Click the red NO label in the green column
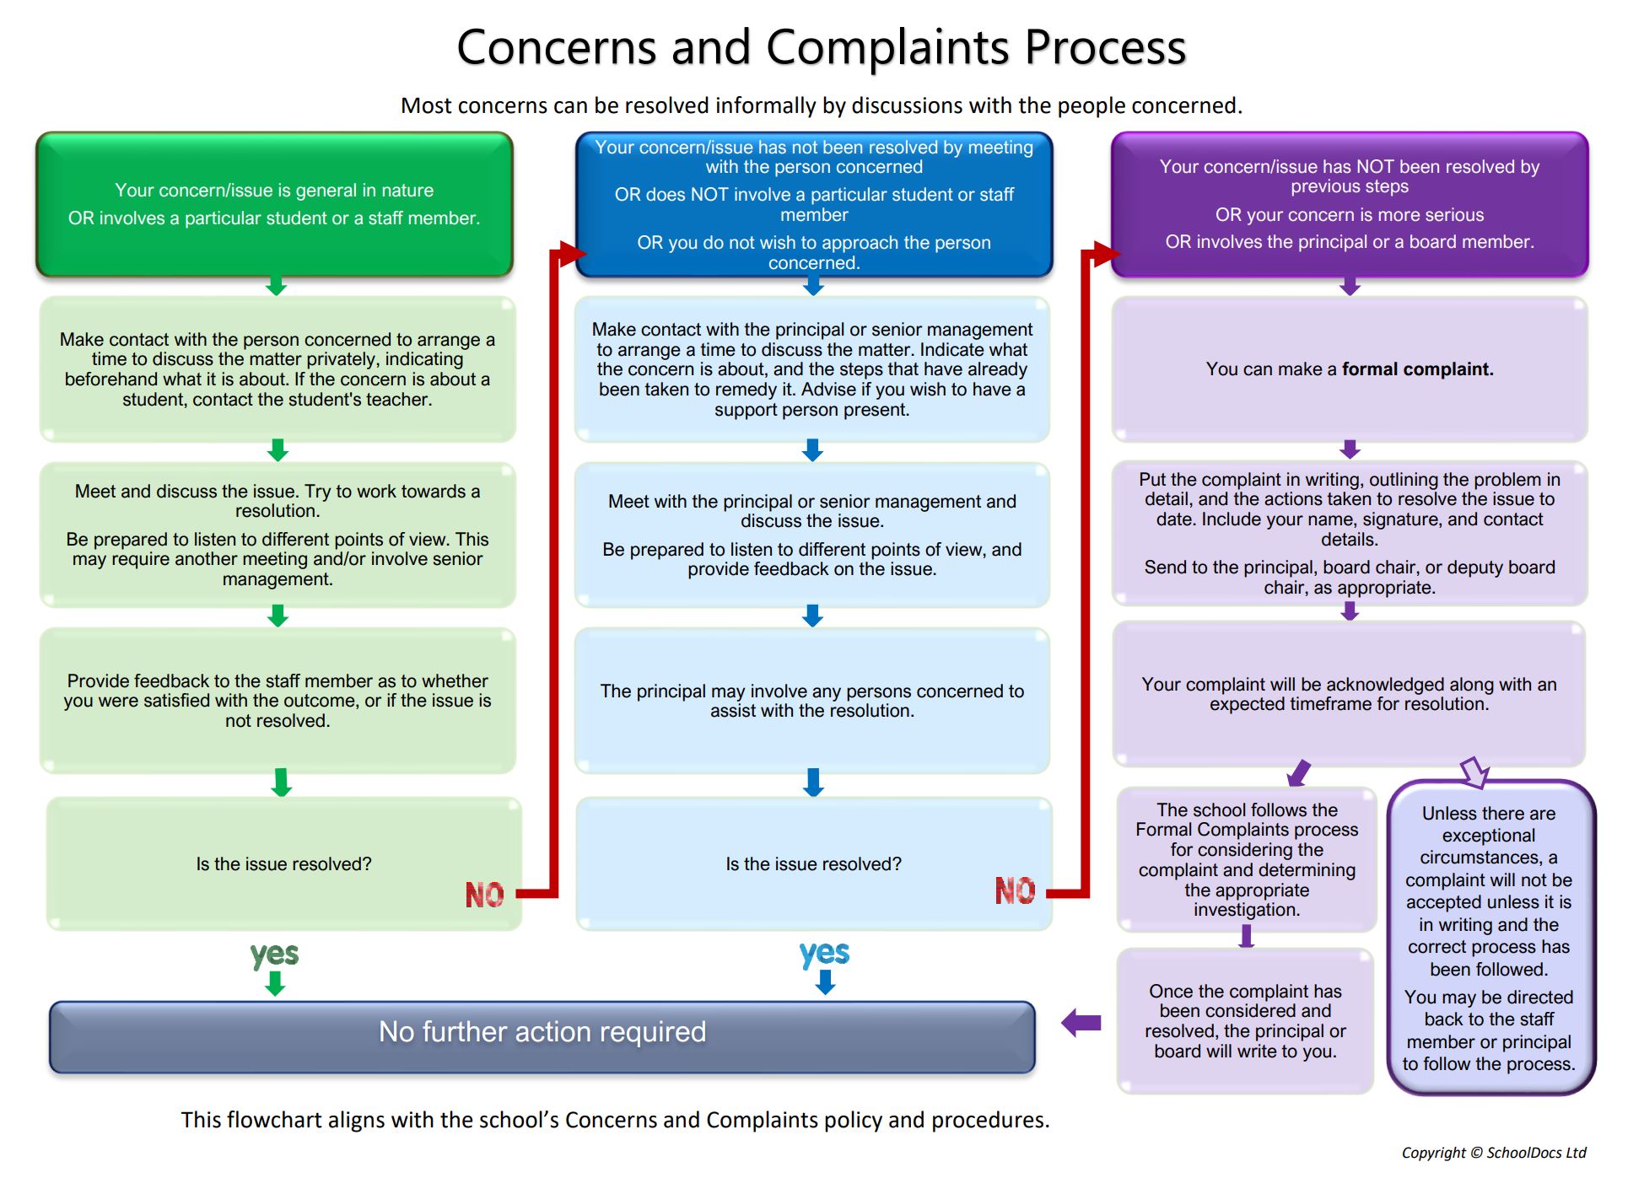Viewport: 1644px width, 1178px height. tap(484, 895)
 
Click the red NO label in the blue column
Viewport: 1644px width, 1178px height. tap(1015, 890)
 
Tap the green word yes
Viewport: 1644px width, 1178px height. tap(274, 955)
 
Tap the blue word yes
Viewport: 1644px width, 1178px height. tap(824, 954)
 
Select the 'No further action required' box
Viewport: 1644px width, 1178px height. tap(542, 1036)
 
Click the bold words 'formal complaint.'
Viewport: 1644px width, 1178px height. tap(1417, 369)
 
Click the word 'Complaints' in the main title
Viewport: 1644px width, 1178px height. tap(888, 49)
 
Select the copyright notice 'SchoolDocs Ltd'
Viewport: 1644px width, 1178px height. tap(1536, 1153)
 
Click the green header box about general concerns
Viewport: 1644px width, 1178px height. tap(274, 204)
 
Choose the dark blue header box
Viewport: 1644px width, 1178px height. tap(814, 204)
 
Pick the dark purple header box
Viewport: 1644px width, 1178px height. tap(1350, 204)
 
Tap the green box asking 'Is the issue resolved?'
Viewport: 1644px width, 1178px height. tap(284, 864)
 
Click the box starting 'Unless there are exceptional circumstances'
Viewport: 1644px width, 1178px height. tap(1490, 938)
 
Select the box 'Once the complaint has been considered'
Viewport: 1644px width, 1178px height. tap(1245, 1021)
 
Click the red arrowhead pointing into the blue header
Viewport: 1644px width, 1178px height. tap(573, 253)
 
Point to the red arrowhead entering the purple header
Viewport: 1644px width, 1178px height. tap(1107, 253)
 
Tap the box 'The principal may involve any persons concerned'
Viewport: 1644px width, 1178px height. tap(812, 701)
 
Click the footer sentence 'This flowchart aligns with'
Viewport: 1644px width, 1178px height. tap(615, 1120)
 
